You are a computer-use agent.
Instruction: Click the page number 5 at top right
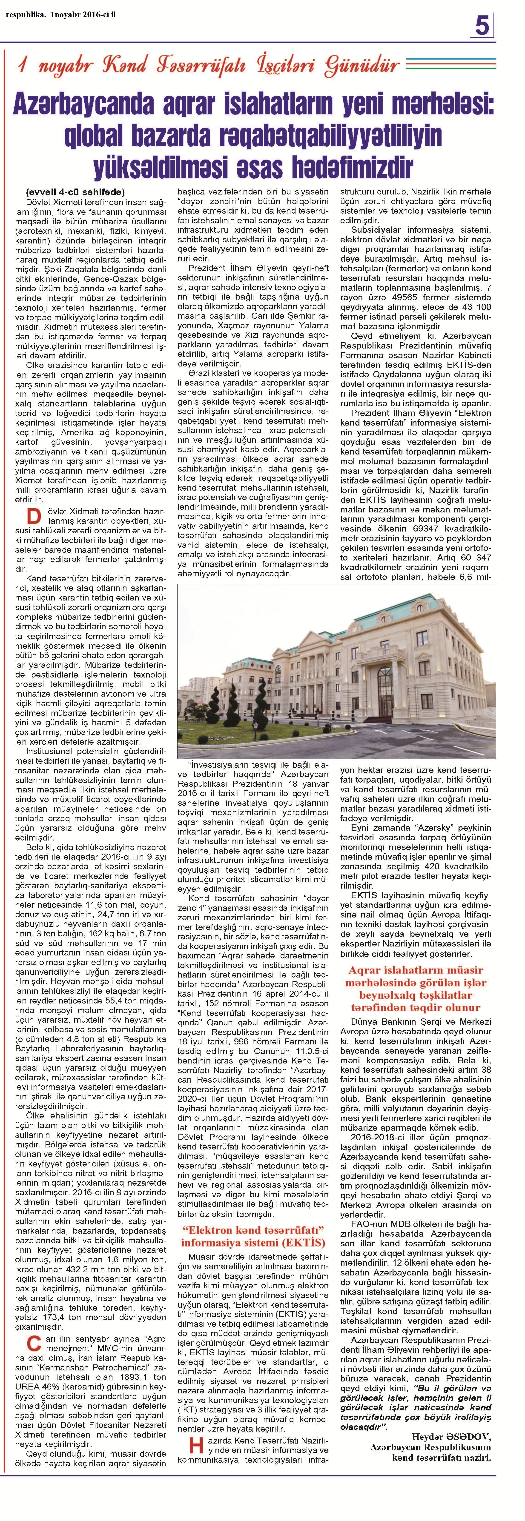[x=482, y=27]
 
